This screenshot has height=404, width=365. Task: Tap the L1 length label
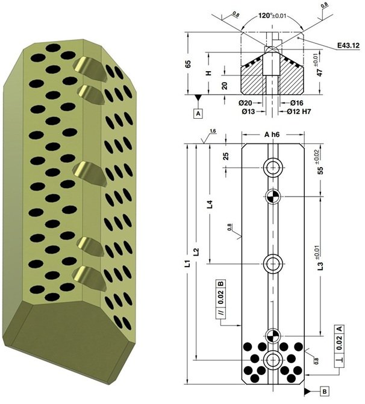tap(188, 264)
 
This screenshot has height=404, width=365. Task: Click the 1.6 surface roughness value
tap(213, 130)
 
